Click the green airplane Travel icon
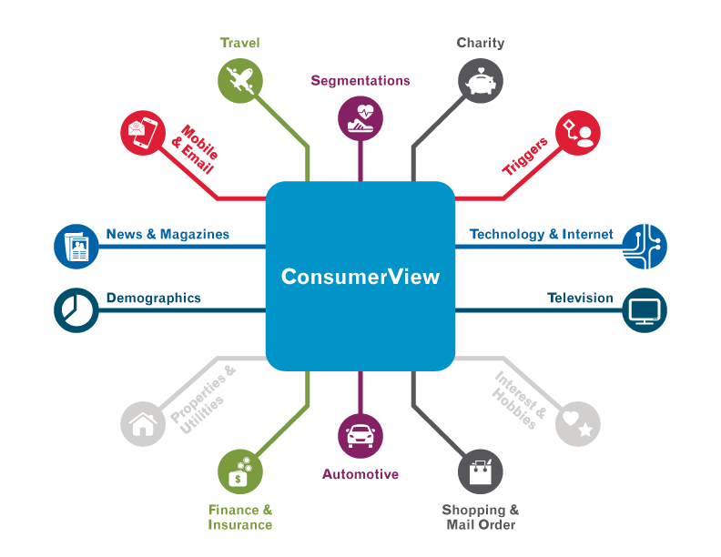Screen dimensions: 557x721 coord(240,80)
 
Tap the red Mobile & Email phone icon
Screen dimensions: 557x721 coord(144,133)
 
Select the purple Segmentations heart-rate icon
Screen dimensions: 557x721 coord(360,116)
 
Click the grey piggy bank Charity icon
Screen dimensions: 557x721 coord(481,80)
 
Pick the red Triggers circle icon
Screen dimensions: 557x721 coord(578,133)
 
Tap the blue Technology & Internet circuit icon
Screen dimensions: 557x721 coord(645,247)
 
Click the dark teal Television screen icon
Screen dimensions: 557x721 coord(645,310)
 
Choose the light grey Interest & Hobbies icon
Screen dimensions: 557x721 coord(578,423)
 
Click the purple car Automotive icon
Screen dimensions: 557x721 coord(360,436)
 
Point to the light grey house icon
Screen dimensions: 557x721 coord(144,423)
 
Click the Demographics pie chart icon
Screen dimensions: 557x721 coord(76,310)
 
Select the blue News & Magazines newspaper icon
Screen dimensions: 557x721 coord(76,247)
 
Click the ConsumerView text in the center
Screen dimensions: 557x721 coord(360,277)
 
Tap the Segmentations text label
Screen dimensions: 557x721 coord(360,80)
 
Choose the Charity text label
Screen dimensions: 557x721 coord(480,43)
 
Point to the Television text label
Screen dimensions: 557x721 coord(580,298)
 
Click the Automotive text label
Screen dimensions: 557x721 coord(360,474)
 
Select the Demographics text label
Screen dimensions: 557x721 coord(154,298)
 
